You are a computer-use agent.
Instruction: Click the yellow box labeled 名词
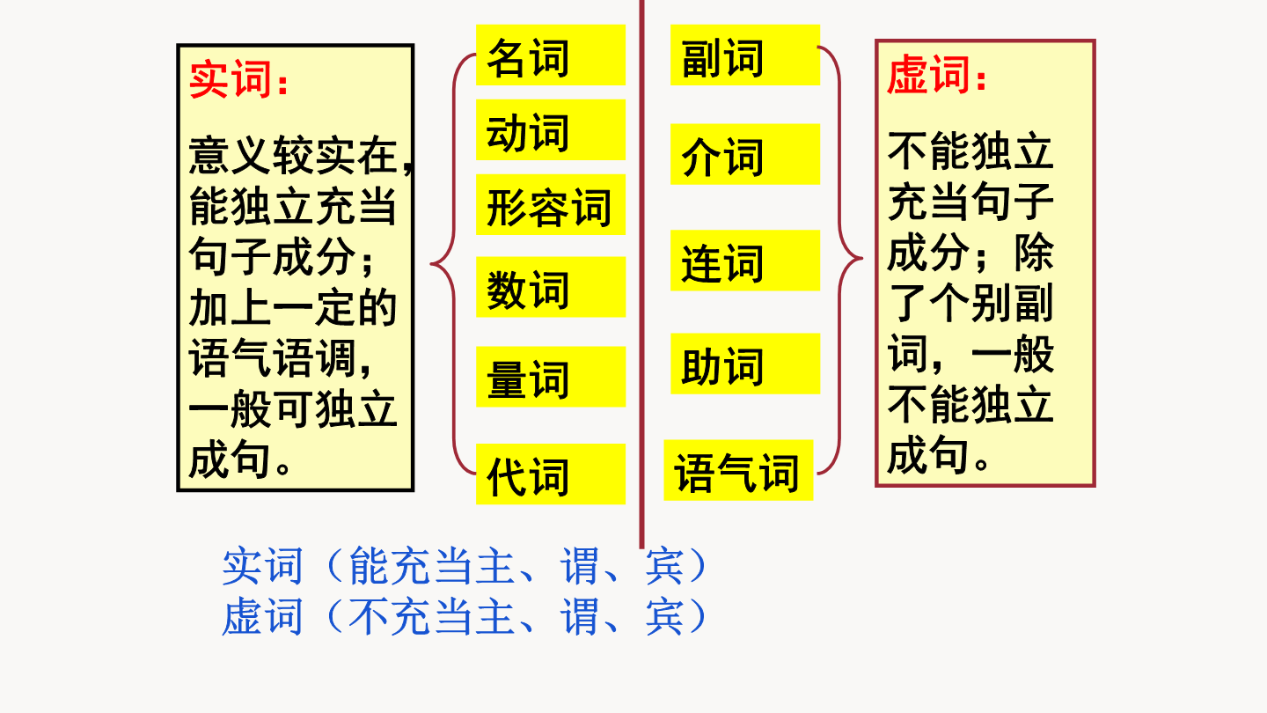pyautogui.click(x=551, y=55)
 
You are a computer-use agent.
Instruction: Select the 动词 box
pyautogui.click(x=551, y=129)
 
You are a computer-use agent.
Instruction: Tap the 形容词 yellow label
pyautogui.click(x=551, y=204)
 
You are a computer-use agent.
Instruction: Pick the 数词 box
pyautogui.click(x=551, y=287)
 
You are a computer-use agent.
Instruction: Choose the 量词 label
pyautogui.click(x=551, y=377)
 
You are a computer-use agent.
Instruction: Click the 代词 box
pyautogui.click(x=551, y=474)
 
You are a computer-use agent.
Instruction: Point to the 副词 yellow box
pyautogui.click(x=745, y=55)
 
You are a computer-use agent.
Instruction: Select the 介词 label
pyautogui.click(x=745, y=154)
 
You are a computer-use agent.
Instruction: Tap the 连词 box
pyautogui.click(x=745, y=261)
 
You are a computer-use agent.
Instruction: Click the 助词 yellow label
pyautogui.click(x=745, y=364)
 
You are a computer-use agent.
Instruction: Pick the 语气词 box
pyautogui.click(x=738, y=470)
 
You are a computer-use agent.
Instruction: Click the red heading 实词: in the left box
pyautogui.click(x=238, y=79)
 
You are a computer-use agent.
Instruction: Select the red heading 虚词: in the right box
pyautogui.click(x=937, y=75)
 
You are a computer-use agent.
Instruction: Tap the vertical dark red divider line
pyautogui.click(x=642, y=274)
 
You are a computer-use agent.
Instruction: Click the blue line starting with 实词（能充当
pyautogui.click(x=465, y=566)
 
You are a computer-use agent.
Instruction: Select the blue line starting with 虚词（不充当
pyautogui.click(x=465, y=616)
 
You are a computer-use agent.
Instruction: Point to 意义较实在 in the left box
pyautogui.click(x=292, y=155)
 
